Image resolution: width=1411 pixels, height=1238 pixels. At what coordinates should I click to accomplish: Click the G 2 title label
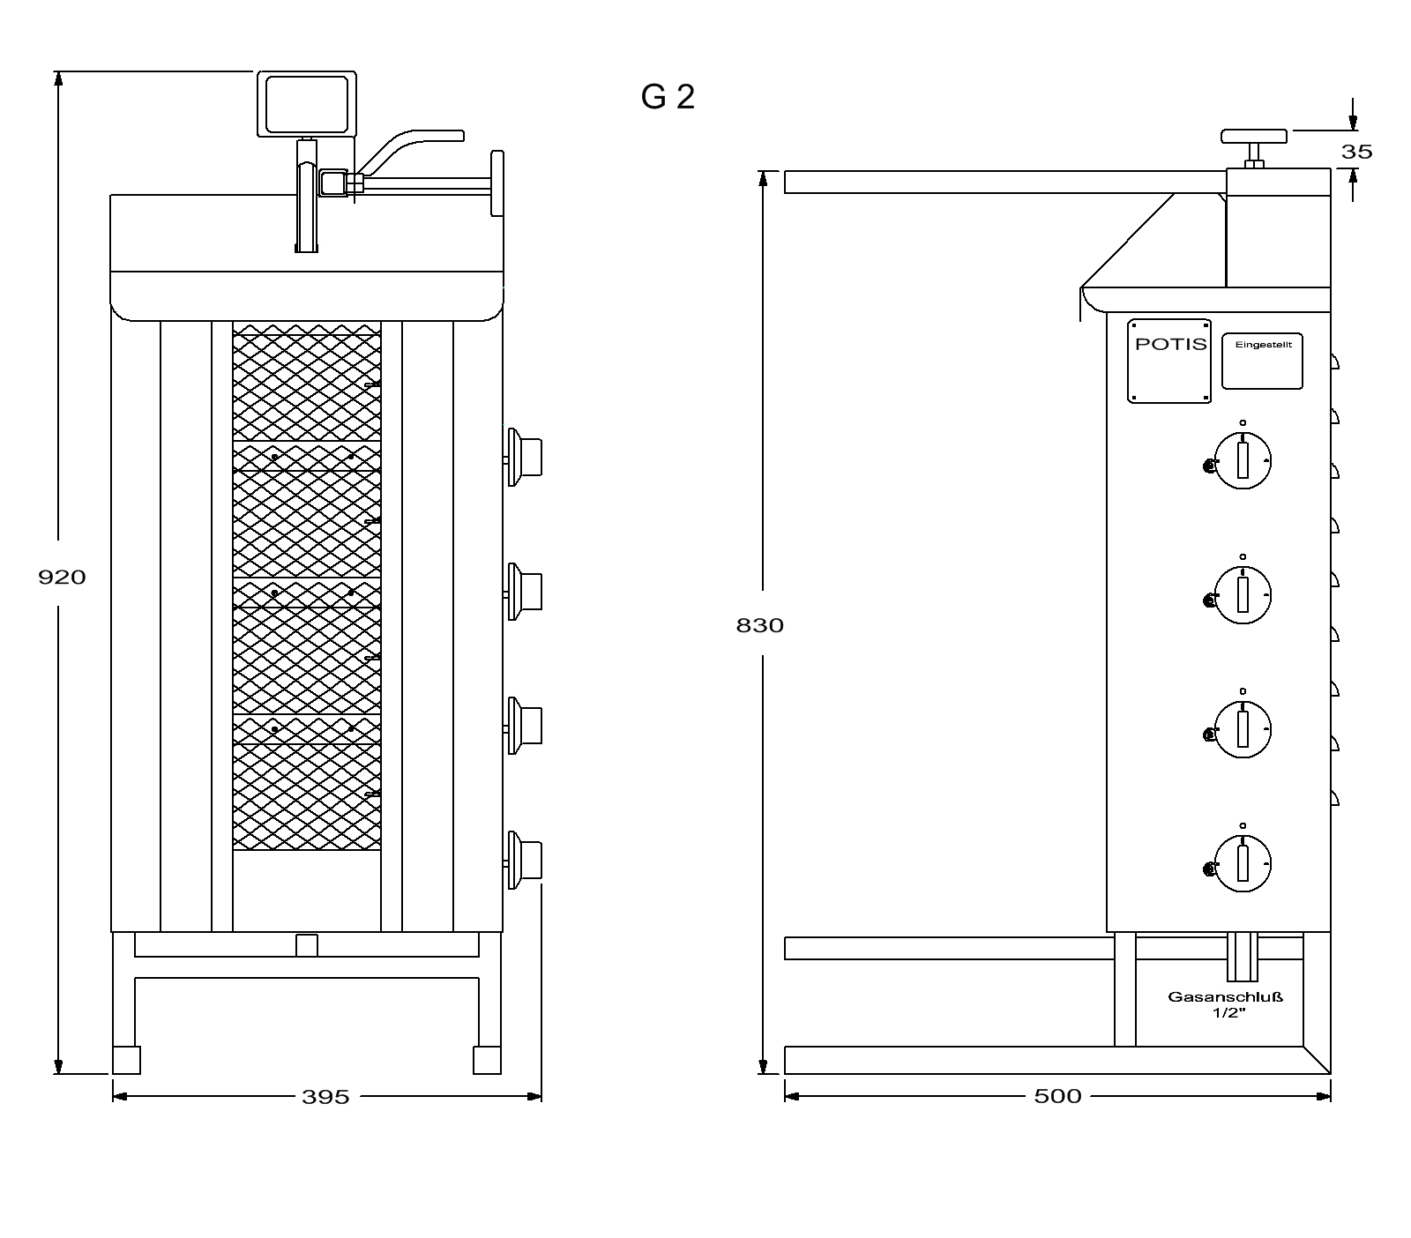[668, 97]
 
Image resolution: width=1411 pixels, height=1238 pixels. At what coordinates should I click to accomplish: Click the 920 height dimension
[62, 578]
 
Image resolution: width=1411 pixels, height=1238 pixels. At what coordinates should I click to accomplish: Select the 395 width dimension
[325, 1097]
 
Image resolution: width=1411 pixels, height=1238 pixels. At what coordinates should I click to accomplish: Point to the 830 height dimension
[759, 625]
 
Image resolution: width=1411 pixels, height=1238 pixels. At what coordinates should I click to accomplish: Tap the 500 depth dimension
[1057, 1096]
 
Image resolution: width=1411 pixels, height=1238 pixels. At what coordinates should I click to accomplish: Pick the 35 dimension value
[1356, 152]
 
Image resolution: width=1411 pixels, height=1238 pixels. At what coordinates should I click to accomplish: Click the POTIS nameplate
[1169, 361]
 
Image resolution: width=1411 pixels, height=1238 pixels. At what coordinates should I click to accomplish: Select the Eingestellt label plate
[1262, 361]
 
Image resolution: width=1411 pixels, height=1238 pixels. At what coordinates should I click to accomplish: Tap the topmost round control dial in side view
[1243, 460]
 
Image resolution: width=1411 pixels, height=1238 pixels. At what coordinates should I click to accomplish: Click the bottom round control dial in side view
[1243, 863]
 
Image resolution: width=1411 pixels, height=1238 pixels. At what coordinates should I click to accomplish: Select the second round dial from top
[1243, 594]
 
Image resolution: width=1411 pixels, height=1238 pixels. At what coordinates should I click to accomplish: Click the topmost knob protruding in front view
[523, 456]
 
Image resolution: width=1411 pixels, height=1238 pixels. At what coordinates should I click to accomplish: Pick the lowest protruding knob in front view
[523, 860]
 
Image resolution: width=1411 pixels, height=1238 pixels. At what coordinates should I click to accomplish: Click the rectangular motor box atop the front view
[307, 104]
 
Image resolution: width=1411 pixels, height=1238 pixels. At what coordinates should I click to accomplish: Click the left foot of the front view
[126, 1060]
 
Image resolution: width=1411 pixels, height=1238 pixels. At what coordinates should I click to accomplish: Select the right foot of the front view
[487, 1060]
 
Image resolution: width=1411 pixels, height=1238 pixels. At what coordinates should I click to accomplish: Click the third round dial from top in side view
[1243, 728]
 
